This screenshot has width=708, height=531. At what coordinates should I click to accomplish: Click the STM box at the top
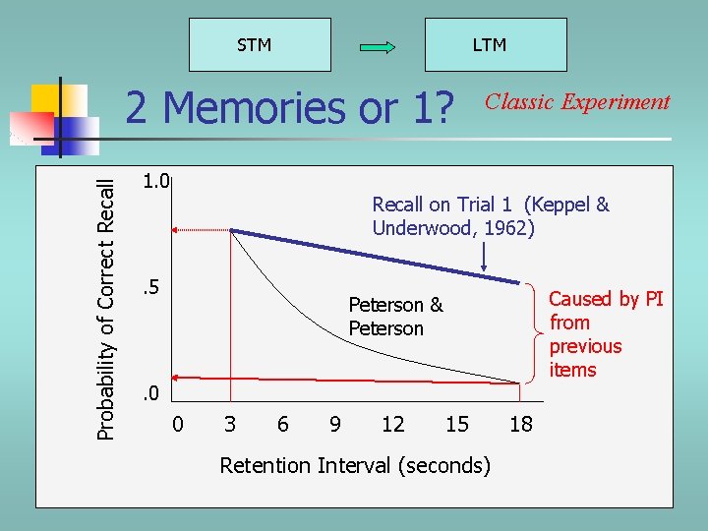255,45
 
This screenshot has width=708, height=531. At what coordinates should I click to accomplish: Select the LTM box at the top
495,45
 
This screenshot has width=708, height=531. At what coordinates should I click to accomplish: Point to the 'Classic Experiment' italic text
577,102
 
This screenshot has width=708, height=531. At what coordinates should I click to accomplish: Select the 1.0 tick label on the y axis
155,181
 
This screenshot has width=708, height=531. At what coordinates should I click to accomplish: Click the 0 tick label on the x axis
177,424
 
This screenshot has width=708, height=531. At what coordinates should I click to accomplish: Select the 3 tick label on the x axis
230,424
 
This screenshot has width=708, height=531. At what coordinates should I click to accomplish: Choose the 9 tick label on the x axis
335,424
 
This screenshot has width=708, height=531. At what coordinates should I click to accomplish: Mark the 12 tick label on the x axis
392,424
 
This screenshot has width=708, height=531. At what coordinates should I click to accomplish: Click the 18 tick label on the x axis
521,424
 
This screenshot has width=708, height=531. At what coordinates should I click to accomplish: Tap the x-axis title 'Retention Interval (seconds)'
354,465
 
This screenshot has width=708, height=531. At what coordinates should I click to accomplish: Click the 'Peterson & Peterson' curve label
395,317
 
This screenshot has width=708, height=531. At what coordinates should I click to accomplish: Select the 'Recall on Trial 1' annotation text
490,216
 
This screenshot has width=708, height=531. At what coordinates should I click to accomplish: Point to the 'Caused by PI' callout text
605,334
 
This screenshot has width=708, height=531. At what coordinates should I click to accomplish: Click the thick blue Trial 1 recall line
374,257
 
